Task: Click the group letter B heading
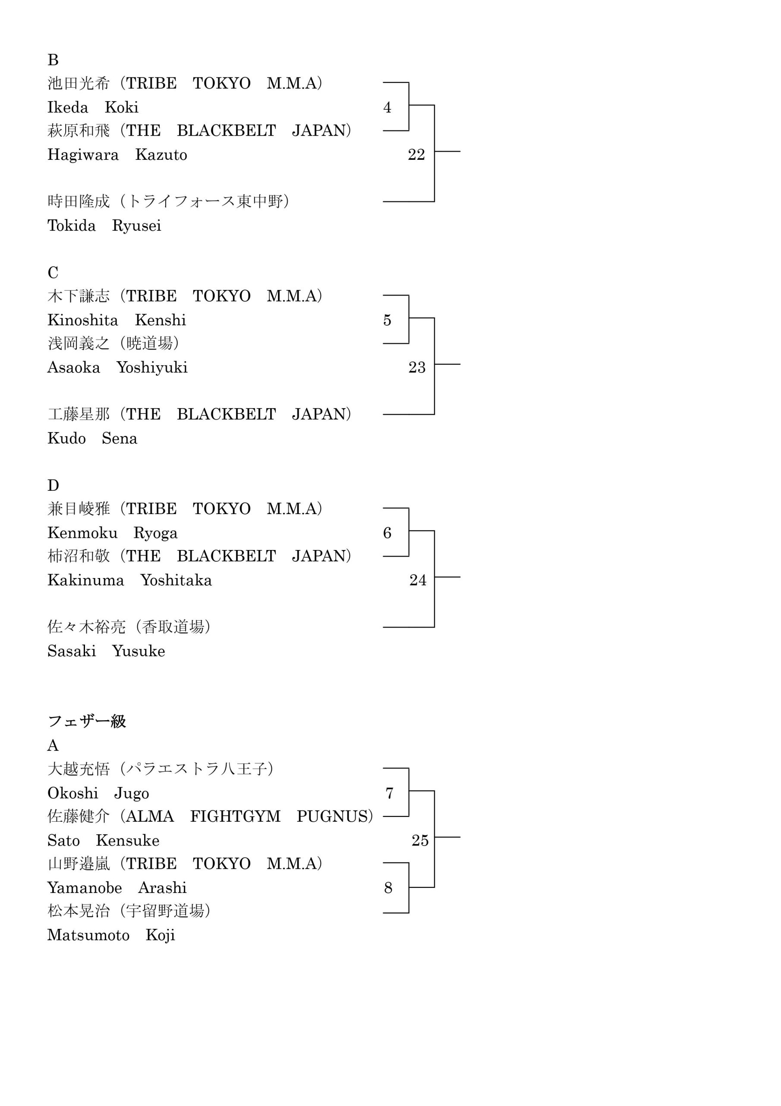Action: click(x=53, y=60)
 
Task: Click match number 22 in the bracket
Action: click(x=416, y=155)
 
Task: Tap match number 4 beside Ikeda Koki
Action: click(x=387, y=108)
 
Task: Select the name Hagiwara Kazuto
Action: click(x=117, y=155)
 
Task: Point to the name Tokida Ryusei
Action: click(x=104, y=226)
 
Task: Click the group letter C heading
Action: click(x=53, y=273)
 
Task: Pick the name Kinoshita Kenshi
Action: click(x=117, y=320)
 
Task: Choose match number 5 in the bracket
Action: click(x=387, y=320)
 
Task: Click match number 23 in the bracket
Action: click(x=417, y=368)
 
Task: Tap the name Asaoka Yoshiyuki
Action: click(x=117, y=368)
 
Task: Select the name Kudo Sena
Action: click(x=92, y=439)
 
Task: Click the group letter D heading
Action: click(x=53, y=486)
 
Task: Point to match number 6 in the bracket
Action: click(x=387, y=533)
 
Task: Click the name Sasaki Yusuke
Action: click(x=106, y=651)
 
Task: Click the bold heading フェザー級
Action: click(x=87, y=721)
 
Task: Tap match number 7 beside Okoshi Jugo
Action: click(x=389, y=793)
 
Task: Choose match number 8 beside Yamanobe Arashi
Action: click(x=388, y=888)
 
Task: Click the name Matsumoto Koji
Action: click(x=111, y=935)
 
